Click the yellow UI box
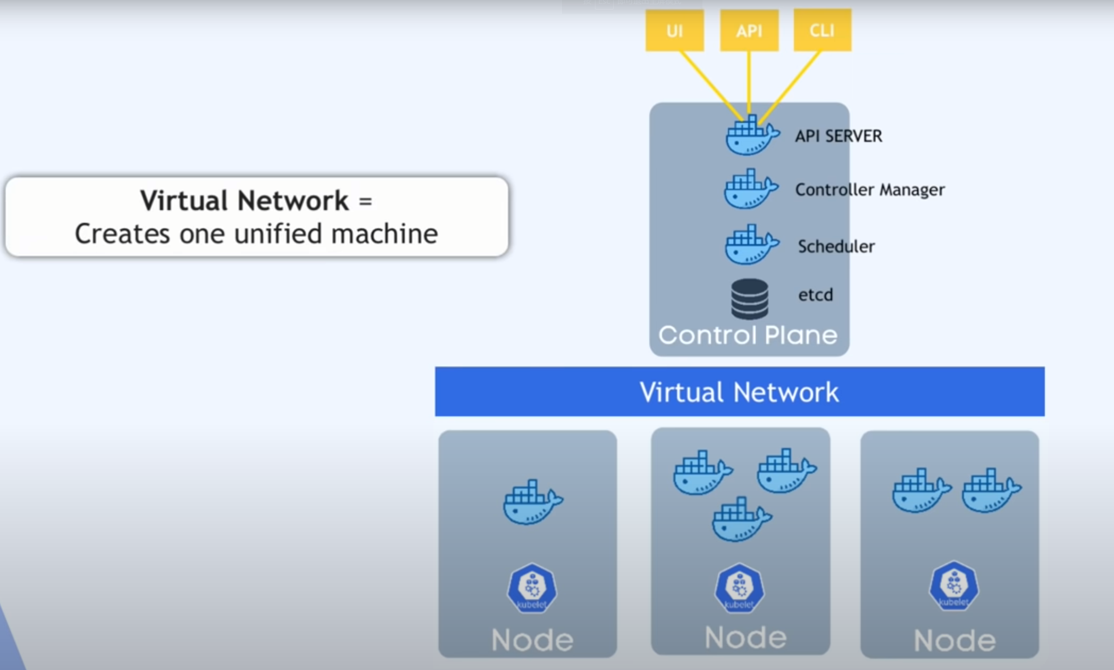[674, 30]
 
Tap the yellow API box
[749, 30]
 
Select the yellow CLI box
[822, 30]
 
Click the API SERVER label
[839, 136]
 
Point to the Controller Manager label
[870, 190]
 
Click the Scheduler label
[836, 246]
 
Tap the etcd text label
[816, 295]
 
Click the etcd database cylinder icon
[750, 299]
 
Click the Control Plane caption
[748, 335]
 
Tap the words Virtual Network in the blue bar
[739, 392]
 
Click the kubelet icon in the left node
[532, 588]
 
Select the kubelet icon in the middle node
[740, 588]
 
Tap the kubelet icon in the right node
[954, 586]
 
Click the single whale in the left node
[533, 502]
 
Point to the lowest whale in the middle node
[742, 519]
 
